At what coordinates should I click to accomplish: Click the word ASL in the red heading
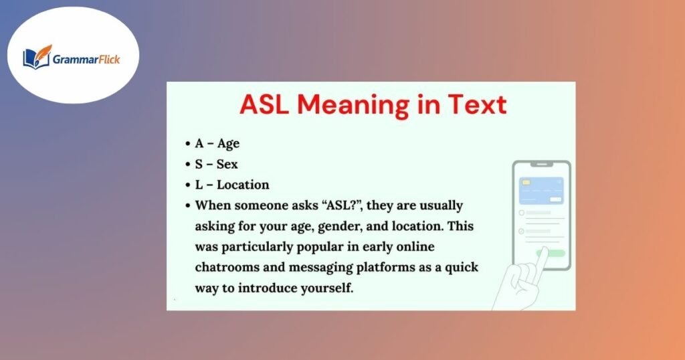(265, 105)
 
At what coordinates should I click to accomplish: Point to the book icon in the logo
(37, 58)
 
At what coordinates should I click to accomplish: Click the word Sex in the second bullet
(227, 164)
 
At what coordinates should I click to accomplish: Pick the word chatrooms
(226, 267)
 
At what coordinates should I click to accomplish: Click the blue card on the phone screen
(541, 190)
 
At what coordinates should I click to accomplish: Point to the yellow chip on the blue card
(526, 182)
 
